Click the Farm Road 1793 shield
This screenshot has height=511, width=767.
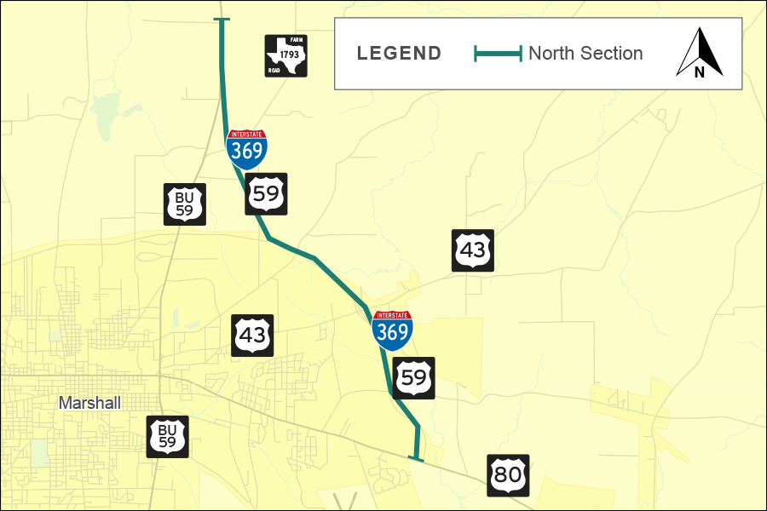285,56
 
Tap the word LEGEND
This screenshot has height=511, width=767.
399,54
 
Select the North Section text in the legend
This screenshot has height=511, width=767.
585,54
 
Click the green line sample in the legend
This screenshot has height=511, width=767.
498,54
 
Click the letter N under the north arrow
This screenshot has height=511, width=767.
700,72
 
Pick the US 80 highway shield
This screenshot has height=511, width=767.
508,474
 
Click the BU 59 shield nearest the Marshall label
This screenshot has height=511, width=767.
167,437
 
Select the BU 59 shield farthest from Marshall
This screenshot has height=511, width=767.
185,204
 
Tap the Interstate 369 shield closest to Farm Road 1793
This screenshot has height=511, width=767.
246,148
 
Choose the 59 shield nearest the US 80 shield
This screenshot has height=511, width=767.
414,377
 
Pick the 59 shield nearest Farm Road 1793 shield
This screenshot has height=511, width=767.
266,193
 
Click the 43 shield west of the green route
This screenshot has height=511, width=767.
252,335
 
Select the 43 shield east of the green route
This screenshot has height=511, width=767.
473,250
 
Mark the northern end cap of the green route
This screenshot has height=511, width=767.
222,20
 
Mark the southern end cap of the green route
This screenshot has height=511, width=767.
416,459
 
